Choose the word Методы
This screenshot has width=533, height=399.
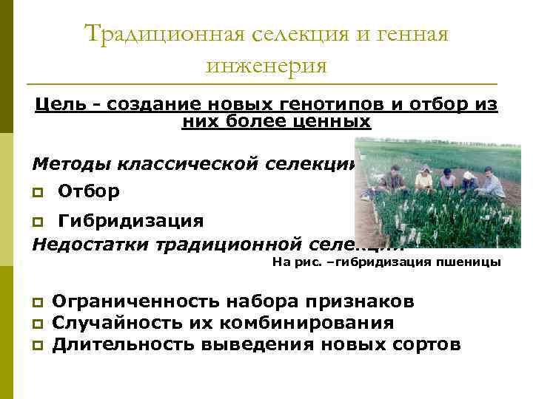click(x=68, y=163)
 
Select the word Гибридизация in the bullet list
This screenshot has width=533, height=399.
click(x=130, y=221)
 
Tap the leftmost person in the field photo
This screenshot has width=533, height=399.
click(x=390, y=178)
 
